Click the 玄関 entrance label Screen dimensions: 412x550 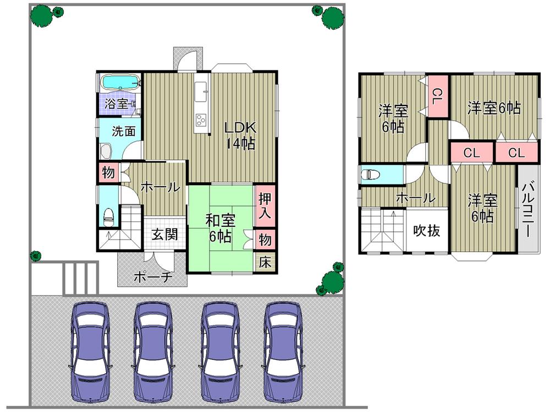tap(164, 235)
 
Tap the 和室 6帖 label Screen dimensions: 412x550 tap(221, 229)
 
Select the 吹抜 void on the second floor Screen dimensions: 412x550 tap(427, 231)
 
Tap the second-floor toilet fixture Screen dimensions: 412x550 tap(372, 175)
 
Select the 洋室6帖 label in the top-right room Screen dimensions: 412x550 tap(494, 108)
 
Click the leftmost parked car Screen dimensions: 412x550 tap(88, 349)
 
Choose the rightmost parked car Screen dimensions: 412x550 tap(284, 349)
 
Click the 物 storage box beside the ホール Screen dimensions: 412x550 tap(108, 173)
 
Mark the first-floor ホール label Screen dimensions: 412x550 tap(159, 187)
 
